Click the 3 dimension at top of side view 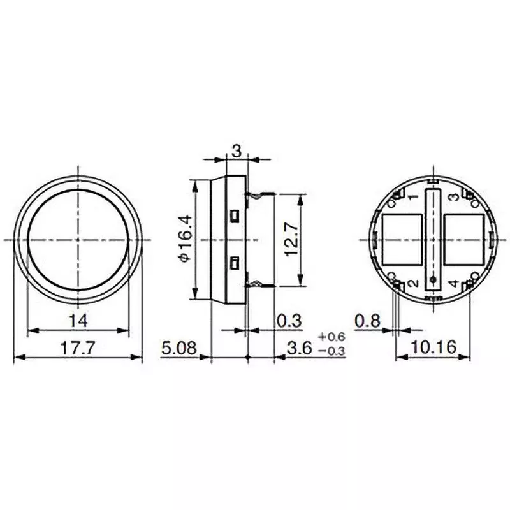point(235,151)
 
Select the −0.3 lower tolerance point(331,351)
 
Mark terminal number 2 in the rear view point(412,283)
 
